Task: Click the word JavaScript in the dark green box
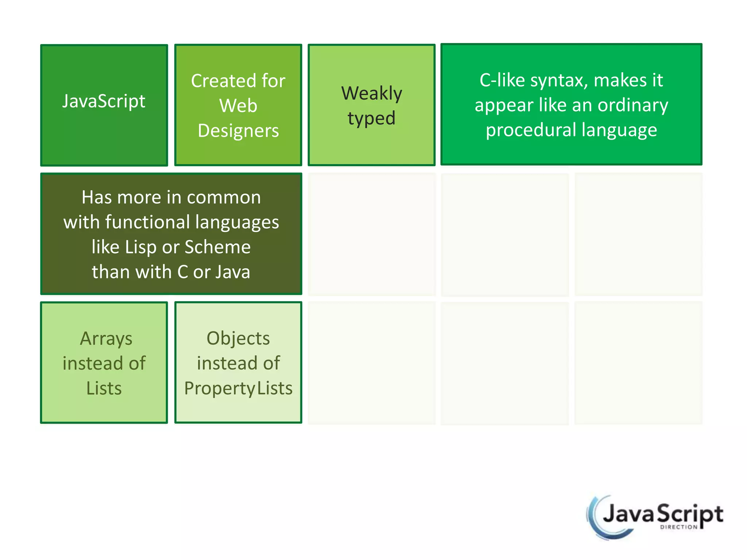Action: [x=104, y=101]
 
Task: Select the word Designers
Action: [x=238, y=131]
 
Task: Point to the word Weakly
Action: [x=371, y=93]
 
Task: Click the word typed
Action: [x=371, y=118]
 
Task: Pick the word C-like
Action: [x=502, y=80]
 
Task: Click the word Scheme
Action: [x=217, y=247]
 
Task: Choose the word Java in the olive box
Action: [x=233, y=272]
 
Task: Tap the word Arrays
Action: [x=106, y=339]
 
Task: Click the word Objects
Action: [x=238, y=338]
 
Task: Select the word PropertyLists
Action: [x=238, y=388]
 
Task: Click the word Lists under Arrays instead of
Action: [x=104, y=388]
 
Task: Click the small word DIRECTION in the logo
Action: [x=678, y=527]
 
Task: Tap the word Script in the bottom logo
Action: [x=690, y=514]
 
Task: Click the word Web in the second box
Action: [x=238, y=106]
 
